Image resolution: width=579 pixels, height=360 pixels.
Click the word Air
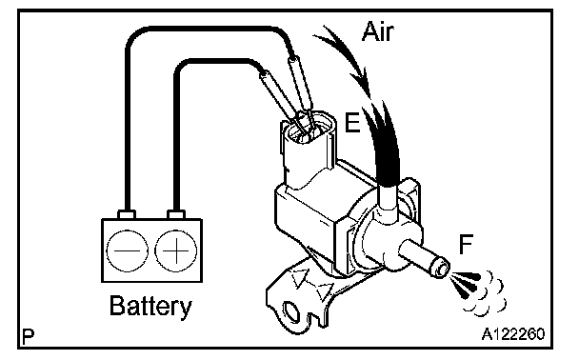(377, 31)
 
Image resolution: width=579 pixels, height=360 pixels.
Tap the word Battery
(150, 306)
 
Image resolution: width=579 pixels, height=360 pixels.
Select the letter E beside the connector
(352, 123)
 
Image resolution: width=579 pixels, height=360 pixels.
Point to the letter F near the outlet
(466, 244)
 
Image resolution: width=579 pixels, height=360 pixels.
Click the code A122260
(513, 334)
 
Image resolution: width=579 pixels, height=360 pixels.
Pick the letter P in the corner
(28, 336)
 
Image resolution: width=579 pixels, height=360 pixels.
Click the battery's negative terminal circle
(127, 250)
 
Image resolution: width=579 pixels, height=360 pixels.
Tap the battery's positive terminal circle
(176, 250)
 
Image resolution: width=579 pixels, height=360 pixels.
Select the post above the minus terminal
(127, 214)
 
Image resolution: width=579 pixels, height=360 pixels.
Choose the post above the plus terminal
(176, 214)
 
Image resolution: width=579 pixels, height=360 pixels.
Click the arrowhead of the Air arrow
(363, 84)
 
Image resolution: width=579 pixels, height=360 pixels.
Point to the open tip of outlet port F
(442, 269)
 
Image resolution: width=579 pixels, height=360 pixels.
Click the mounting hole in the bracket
(291, 311)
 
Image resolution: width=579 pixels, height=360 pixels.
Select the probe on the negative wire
(299, 86)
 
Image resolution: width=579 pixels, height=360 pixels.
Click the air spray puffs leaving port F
(477, 292)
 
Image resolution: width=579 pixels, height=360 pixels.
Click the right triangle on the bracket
(326, 291)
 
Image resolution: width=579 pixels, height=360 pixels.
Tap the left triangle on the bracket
(300, 278)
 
